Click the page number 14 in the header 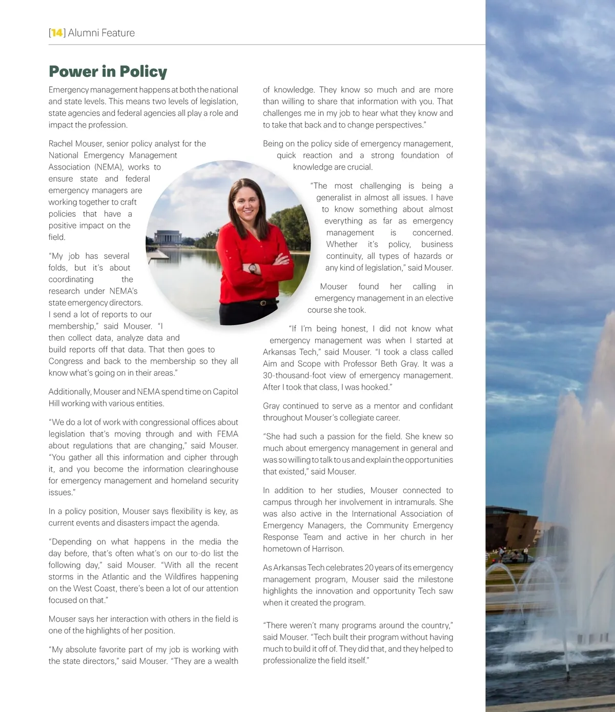57,33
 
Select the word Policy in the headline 142,72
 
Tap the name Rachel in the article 60,144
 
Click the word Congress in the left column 65,361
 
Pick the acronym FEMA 228,434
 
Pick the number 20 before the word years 369,567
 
